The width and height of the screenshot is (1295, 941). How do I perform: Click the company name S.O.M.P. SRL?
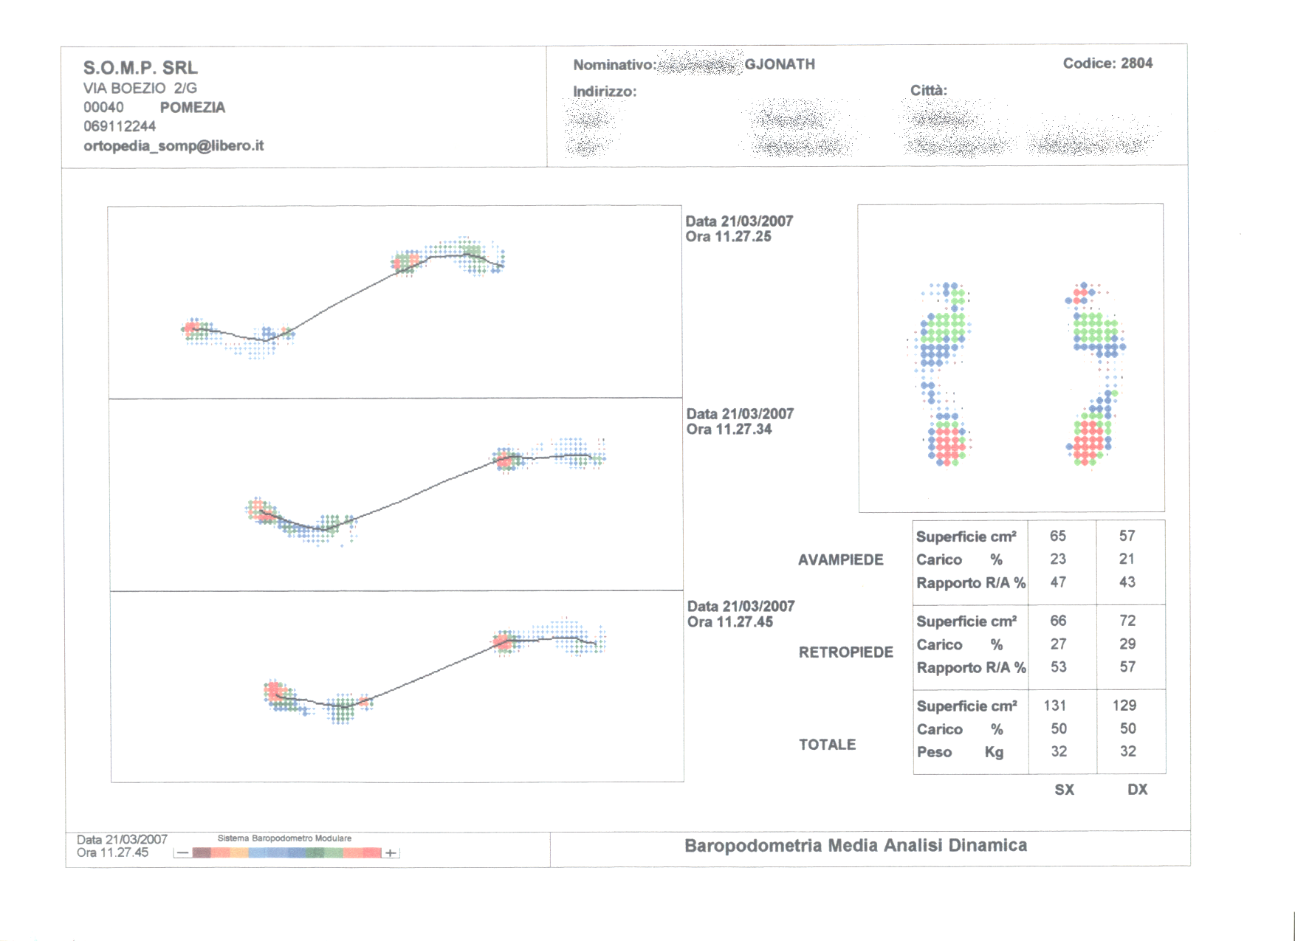(140, 68)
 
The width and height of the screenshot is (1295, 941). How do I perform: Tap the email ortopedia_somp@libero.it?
(174, 145)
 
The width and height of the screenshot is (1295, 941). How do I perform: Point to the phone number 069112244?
(120, 126)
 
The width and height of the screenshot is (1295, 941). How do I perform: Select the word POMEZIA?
(192, 107)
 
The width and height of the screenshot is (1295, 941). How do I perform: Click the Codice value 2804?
(1136, 63)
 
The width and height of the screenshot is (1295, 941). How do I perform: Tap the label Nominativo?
(613, 65)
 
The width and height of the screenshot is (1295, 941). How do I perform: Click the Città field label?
(928, 90)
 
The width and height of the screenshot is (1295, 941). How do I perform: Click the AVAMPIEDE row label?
(840, 559)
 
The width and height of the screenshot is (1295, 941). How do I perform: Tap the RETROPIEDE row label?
(845, 652)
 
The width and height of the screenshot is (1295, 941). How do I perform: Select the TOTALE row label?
(827, 745)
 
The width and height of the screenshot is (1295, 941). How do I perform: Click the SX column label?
(1064, 790)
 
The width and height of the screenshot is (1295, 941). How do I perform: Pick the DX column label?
(1137, 790)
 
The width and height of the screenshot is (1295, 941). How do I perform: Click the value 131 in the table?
(1055, 706)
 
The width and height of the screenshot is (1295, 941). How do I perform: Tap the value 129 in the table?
(1124, 706)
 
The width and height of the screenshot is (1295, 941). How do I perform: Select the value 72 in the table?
(1127, 621)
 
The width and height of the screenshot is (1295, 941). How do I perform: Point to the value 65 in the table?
(1057, 536)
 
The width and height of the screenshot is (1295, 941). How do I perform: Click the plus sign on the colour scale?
(391, 853)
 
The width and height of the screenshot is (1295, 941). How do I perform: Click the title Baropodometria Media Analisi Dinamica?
(855, 846)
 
